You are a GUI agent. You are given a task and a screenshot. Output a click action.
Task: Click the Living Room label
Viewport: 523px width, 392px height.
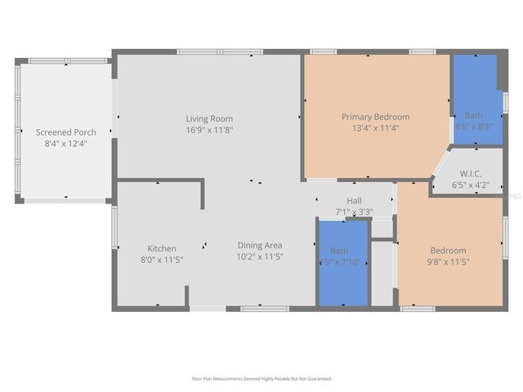(x=209, y=118)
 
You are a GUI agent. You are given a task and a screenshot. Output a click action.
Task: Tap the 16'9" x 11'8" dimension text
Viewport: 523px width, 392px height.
(x=209, y=129)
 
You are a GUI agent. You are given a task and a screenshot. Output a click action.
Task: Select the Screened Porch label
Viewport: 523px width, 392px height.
(x=65, y=132)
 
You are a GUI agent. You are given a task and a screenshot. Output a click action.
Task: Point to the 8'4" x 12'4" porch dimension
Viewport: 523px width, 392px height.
(x=65, y=143)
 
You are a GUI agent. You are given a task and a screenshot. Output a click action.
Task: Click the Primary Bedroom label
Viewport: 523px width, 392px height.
(x=375, y=117)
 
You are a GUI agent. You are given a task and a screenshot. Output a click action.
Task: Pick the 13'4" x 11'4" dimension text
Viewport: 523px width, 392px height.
(x=375, y=127)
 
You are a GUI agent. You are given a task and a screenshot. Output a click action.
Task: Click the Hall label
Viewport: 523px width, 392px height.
(x=354, y=201)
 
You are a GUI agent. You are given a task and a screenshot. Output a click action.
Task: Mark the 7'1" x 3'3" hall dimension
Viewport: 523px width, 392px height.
(x=354, y=212)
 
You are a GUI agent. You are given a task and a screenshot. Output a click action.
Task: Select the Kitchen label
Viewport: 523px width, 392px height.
(x=162, y=248)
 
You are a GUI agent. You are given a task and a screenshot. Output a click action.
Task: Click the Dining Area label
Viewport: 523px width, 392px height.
(x=260, y=245)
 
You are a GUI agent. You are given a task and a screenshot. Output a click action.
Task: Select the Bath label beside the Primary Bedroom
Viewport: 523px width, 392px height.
(x=474, y=115)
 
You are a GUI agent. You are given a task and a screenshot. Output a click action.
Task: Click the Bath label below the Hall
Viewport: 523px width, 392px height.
(x=338, y=251)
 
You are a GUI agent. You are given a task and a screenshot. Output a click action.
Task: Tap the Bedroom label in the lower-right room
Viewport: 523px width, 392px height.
(x=449, y=250)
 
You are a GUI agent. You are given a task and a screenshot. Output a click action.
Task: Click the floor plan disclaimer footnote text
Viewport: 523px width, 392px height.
(x=261, y=379)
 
